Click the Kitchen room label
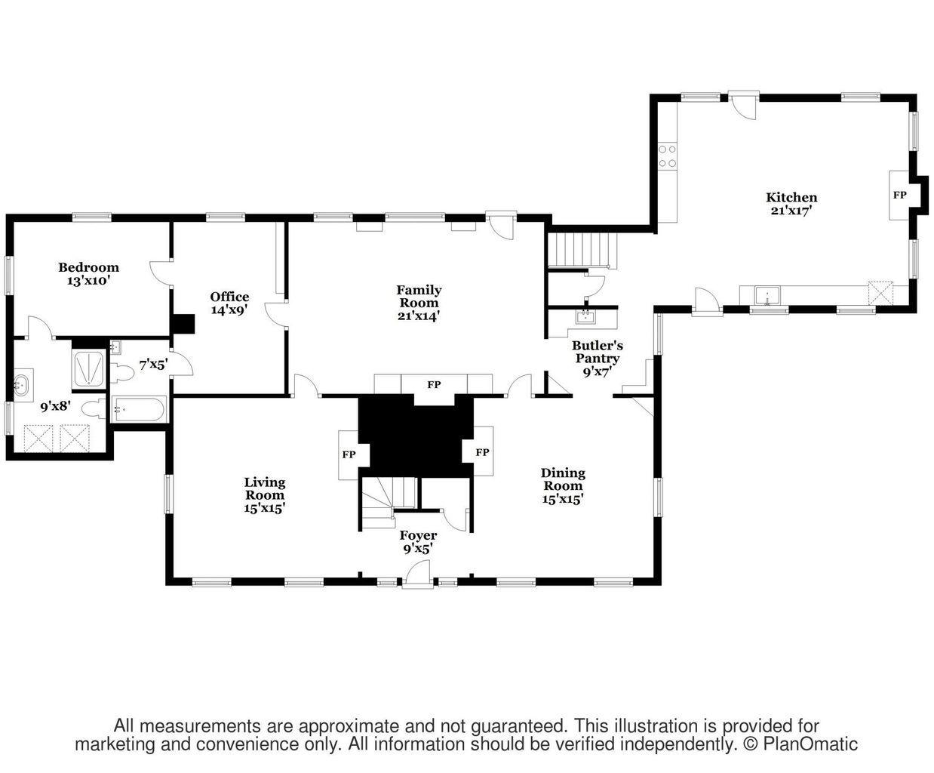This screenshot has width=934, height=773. (x=791, y=198)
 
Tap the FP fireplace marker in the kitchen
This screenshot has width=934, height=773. (x=899, y=195)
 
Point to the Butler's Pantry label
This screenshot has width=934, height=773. (x=596, y=352)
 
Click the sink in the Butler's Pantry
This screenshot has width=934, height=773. (x=585, y=317)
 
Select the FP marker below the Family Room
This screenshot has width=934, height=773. (x=434, y=385)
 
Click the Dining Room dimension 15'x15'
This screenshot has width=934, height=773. (x=563, y=499)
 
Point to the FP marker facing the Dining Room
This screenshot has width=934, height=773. (x=482, y=453)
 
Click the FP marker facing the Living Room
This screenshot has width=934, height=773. (x=349, y=454)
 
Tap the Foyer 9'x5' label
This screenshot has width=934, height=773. (x=418, y=542)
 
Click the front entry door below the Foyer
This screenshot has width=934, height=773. (x=417, y=575)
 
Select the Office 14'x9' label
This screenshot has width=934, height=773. (x=229, y=303)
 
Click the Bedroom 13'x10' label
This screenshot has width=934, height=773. (x=88, y=273)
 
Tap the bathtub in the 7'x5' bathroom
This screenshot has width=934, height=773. (x=139, y=411)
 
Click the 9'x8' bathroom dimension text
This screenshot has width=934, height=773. (x=55, y=406)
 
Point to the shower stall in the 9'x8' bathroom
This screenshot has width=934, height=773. (x=91, y=368)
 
